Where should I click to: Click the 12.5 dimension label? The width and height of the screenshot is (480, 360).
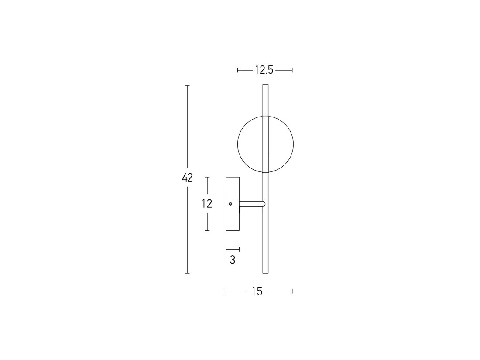coord(264,70)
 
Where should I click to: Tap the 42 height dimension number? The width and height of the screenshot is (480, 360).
coord(187,178)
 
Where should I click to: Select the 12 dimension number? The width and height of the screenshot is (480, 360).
coord(207,203)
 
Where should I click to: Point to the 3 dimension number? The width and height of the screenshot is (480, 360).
coord(233,260)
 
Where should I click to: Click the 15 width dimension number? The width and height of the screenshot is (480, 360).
coord(257,291)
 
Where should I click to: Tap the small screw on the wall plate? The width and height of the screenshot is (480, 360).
coord(230,203)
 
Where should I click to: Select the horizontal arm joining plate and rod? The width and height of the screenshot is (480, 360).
coord(251,203)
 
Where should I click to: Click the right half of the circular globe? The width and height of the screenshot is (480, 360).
coord(281,144)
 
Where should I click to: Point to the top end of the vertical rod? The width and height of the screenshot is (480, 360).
coord(265,86)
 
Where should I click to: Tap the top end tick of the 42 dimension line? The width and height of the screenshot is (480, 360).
coord(187,86)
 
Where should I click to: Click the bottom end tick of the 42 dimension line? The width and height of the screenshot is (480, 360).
coord(187,273)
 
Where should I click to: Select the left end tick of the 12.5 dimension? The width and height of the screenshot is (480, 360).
coord(238,70)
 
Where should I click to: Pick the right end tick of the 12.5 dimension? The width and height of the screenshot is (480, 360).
coord(292,70)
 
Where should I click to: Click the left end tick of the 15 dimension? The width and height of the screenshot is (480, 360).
coord(226,291)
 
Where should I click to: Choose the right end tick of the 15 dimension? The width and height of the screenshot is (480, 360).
coord(292,291)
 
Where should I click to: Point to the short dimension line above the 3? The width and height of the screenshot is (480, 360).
coord(233,249)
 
